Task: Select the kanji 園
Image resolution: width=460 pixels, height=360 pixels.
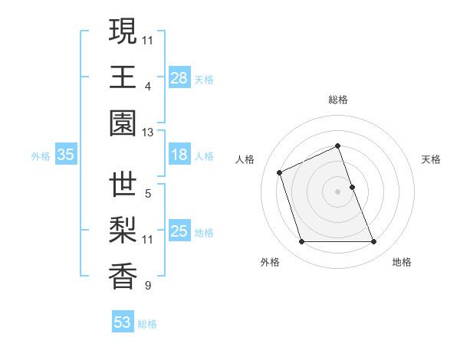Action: click(123, 123)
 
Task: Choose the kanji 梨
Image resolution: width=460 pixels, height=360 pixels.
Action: click(123, 231)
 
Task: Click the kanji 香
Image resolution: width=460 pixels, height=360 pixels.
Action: click(123, 277)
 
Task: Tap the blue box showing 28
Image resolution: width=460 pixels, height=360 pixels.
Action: click(179, 78)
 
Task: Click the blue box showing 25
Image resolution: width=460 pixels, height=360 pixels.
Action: click(179, 231)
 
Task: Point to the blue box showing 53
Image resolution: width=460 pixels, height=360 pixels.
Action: click(123, 322)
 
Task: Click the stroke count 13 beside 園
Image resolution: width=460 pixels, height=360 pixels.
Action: click(147, 133)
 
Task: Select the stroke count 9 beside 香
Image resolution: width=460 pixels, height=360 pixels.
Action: click(147, 286)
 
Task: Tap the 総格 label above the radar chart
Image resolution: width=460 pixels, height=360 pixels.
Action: click(338, 100)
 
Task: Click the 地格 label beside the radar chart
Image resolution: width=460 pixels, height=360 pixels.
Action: click(402, 262)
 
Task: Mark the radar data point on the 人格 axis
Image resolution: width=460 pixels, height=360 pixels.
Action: click(281, 172)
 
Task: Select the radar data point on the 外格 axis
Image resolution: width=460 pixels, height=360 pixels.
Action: click(301, 242)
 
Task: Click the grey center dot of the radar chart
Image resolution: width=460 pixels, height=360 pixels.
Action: click(338, 191)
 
